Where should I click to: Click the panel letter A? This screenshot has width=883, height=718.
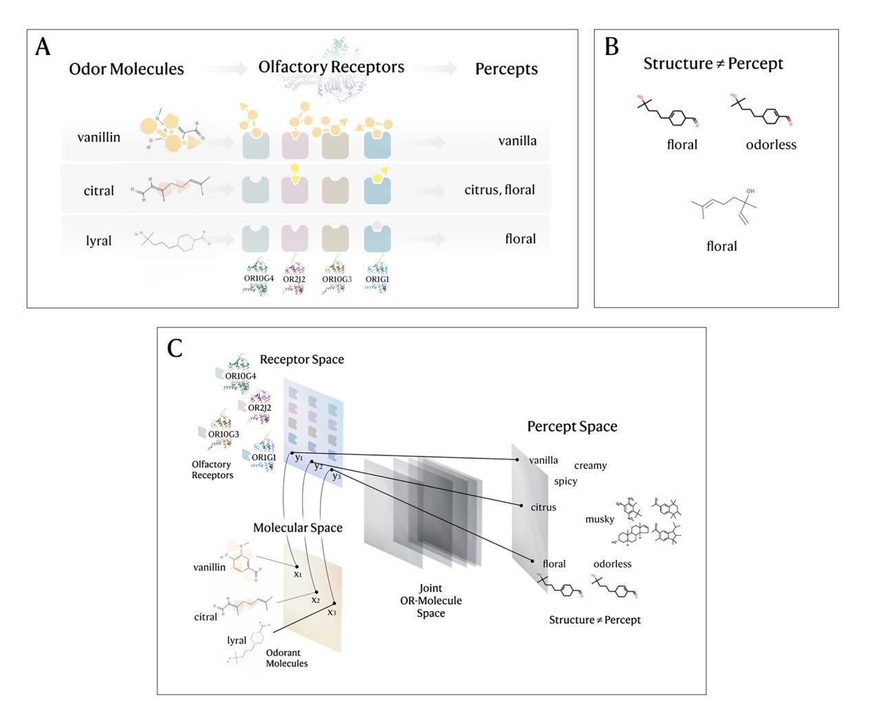click(x=43, y=47)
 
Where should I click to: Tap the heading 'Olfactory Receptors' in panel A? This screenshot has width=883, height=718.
click(x=331, y=67)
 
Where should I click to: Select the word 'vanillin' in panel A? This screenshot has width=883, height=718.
click(x=98, y=138)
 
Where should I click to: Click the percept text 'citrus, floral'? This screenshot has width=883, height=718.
click(x=499, y=190)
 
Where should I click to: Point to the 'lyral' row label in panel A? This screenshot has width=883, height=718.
click(x=98, y=241)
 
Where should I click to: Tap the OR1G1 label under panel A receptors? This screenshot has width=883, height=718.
click(x=377, y=279)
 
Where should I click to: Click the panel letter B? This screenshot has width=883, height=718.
click(x=611, y=46)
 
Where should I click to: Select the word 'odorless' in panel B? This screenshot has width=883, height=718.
click(x=771, y=144)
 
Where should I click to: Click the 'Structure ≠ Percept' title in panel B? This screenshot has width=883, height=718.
click(x=713, y=64)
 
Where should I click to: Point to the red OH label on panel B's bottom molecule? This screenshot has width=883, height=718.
click(x=750, y=191)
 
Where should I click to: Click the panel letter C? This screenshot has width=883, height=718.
click(x=175, y=348)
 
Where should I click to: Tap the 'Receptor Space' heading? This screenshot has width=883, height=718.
click(x=302, y=360)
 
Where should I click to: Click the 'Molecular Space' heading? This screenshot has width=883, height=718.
click(x=298, y=527)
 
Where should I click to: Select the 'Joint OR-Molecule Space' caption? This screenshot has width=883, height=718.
click(x=430, y=600)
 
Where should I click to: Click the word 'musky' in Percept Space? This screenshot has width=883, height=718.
click(x=599, y=519)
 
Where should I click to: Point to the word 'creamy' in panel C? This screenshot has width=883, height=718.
click(x=590, y=466)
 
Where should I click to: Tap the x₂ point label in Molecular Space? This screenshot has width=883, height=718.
click(x=316, y=599)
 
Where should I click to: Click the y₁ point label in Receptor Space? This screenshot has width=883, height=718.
click(x=298, y=457)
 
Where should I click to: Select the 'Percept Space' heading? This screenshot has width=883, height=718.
click(x=572, y=426)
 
